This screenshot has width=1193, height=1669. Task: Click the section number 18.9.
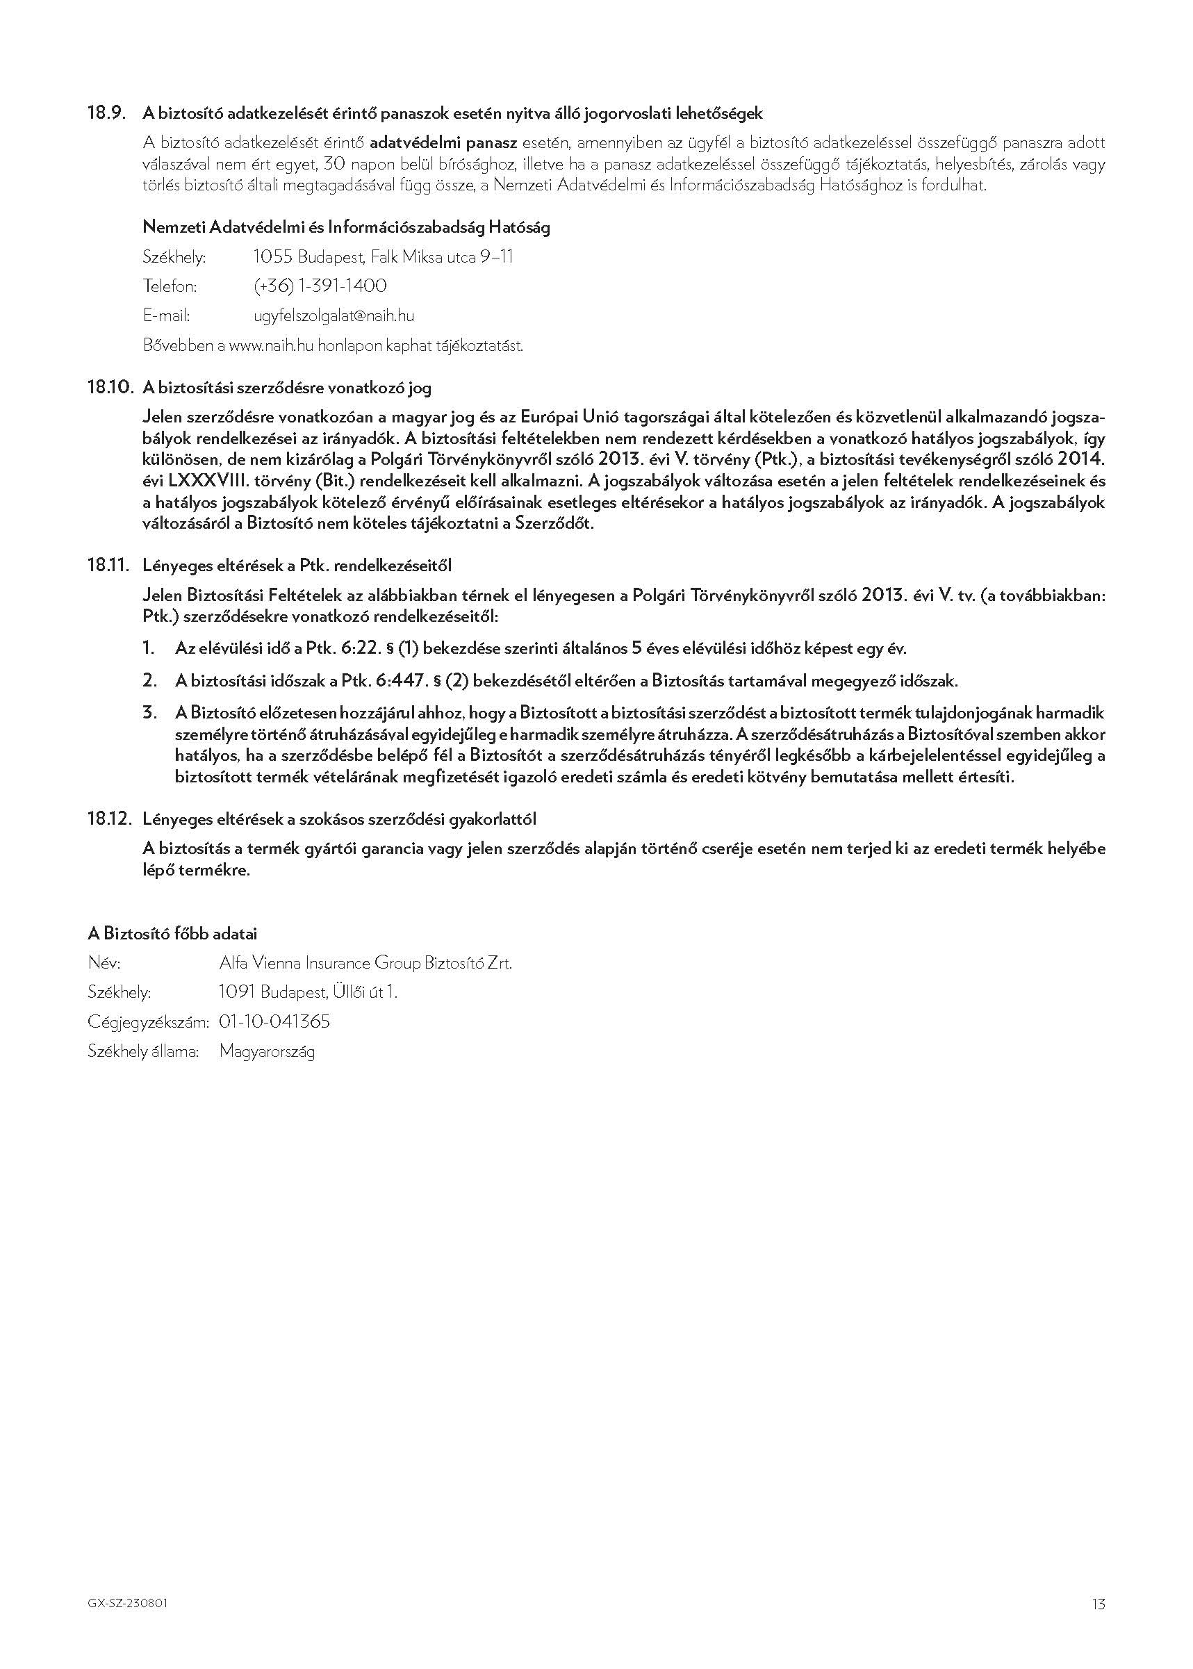pos(107,113)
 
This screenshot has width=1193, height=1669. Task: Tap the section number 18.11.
pos(108,565)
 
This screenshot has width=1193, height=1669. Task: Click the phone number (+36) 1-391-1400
pos(320,286)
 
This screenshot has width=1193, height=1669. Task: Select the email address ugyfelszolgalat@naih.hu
pos(334,316)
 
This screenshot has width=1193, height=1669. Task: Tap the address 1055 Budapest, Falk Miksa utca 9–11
pos(383,256)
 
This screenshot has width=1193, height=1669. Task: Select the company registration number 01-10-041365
pos(274,1021)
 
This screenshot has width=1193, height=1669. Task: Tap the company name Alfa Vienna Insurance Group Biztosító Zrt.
pos(365,962)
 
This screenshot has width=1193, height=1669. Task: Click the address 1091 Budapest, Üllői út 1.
pos(308,992)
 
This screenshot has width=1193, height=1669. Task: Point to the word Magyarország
pos(268,1051)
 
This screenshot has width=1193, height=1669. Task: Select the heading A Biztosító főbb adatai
pos(172,934)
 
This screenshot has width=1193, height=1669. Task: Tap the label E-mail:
pos(166,316)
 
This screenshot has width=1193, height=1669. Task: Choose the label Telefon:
pos(170,286)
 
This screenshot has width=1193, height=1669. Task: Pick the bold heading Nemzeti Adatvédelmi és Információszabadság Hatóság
pos(346,227)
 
